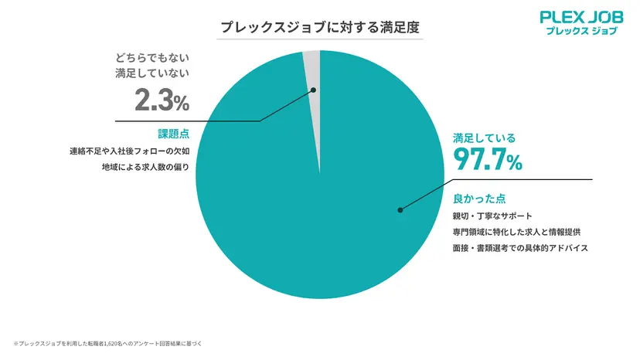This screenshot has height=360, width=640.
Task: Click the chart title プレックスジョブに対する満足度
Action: click(319, 27)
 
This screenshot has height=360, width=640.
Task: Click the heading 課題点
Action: click(173, 133)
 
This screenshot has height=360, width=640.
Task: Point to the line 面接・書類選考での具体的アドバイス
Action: click(520, 249)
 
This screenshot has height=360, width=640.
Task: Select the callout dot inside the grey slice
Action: click(314, 90)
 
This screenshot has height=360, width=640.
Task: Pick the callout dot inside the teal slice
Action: click(400, 209)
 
